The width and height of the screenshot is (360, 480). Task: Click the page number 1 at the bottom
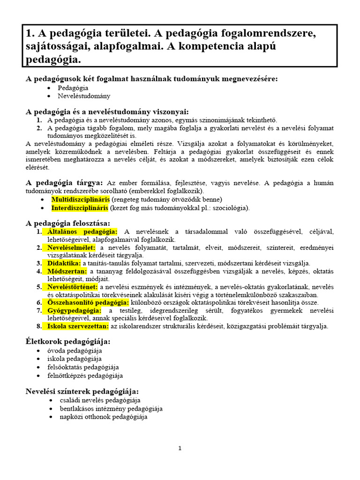[x=180, y=449]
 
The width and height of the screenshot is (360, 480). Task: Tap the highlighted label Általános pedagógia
[x=82, y=232]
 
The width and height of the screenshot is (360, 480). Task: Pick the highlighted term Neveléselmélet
[x=71, y=247]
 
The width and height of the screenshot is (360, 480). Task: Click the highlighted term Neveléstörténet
[x=73, y=286]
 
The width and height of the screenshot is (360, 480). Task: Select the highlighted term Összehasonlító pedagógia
[x=85, y=302]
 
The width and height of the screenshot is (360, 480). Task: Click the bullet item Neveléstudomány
[x=84, y=96]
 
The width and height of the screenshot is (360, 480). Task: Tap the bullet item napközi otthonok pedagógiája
[x=104, y=416]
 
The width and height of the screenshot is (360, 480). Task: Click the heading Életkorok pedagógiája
[x=68, y=341]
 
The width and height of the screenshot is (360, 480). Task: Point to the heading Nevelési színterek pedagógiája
[x=82, y=391]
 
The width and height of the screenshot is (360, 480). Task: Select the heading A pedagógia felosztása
[x=68, y=223]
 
